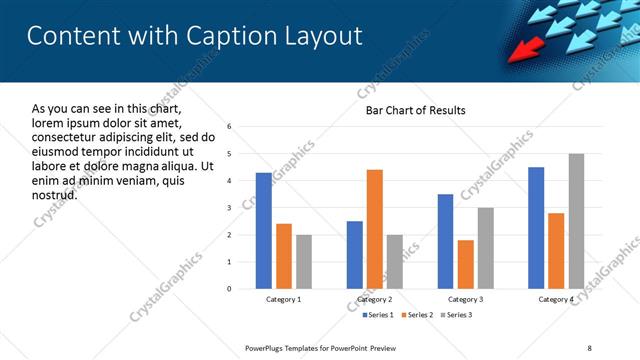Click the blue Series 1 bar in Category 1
(x=263, y=231)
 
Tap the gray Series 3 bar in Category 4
(x=576, y=221)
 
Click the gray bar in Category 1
(x=303, y=262)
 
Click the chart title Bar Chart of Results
(x=415, y=110)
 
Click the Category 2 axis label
(x=375, y=300)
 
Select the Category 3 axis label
(x=465, y=300)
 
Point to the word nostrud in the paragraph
(x=54, y=194)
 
